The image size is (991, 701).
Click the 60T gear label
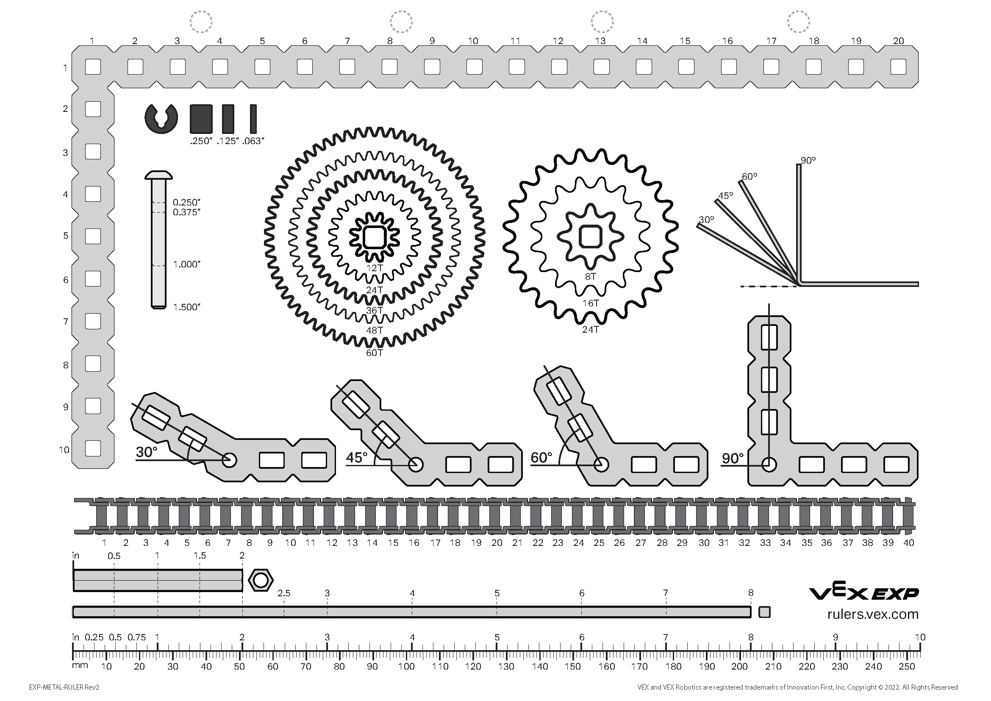click(374, 353)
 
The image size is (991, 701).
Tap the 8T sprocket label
click(590, 277)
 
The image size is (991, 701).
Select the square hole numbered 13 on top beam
click(601, 67)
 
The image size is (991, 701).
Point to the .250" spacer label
click(202, 141)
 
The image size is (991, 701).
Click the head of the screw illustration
click(158, 175)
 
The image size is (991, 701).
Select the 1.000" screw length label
click(186, 264)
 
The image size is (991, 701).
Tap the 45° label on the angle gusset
click(356, 457)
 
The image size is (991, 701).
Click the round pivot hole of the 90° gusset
click(769, 465)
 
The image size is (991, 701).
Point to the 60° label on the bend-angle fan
click(750, 177)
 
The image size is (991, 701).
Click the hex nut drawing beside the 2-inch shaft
click(261, 581)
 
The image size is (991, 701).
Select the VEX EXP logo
click(863, 593)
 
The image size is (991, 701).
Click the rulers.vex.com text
click(873, 614)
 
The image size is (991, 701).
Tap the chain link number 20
click(497, 543)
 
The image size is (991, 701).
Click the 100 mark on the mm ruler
click(406, 667)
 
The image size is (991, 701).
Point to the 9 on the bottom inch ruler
click(835, 637)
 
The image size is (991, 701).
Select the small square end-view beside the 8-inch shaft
click(764, 612)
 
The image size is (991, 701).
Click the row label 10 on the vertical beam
click(64, 450)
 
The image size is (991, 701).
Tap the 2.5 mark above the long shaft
click(284, 593)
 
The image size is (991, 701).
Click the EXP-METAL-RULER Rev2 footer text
click(64, 687)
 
